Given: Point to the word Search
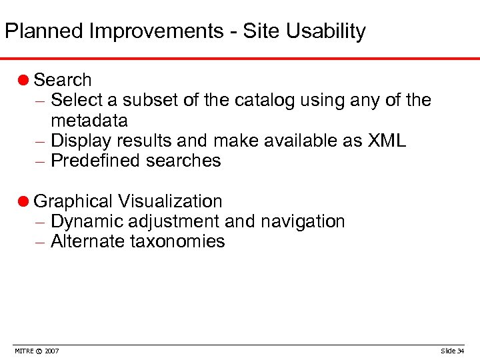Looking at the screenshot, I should pyautogui.click(x=62, y=80).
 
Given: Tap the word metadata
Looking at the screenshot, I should pyautogui.click(x=89, y=121).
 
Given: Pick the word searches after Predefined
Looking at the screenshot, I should pyautogui.click(x=185, y=161).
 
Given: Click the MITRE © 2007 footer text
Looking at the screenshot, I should pyautogui.click(x=36, y=351).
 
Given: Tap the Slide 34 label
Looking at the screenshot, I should pyautogui.click(x=453, y=351).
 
